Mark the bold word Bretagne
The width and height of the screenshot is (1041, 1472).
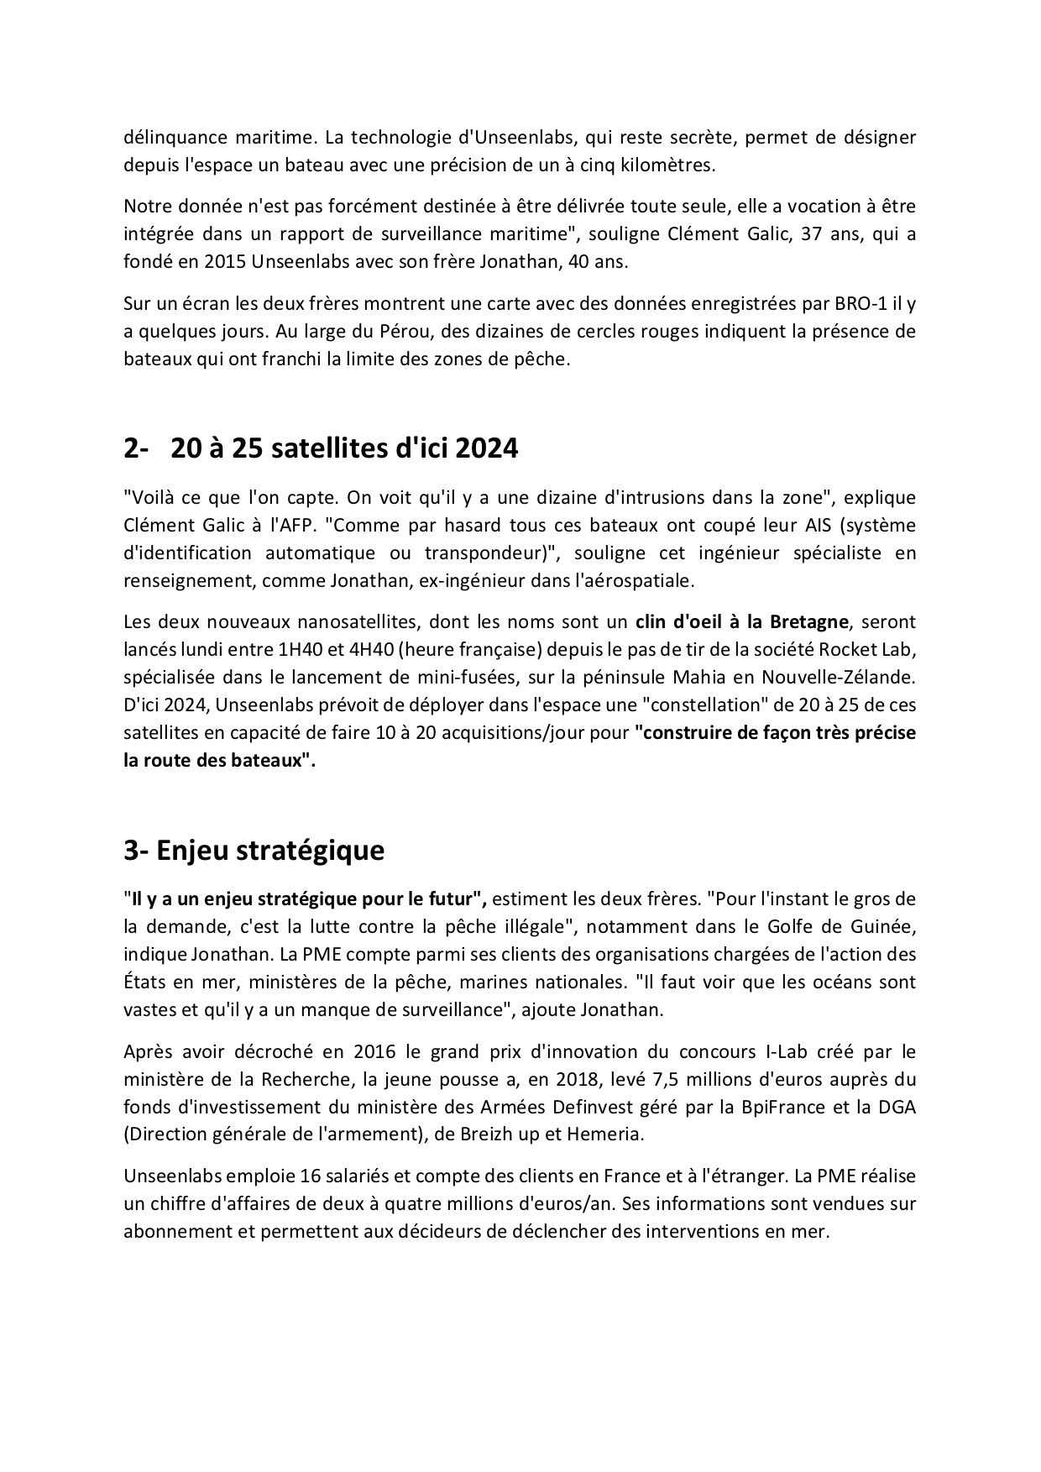[x=808, y=621]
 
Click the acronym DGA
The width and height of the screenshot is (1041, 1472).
[x=897, y=1107]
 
